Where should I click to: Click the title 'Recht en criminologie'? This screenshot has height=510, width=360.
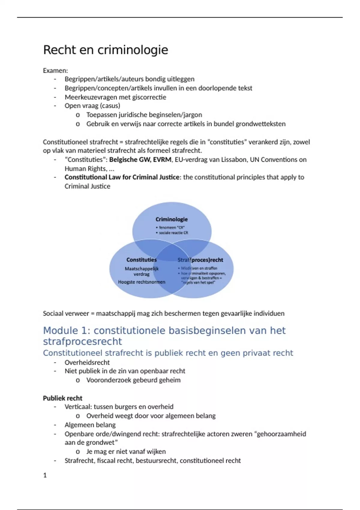pyautogui.click(x=106, y=50)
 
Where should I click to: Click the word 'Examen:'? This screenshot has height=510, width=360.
pyautogui.click(x=55, y=70)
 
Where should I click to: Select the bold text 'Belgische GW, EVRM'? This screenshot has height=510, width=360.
pyautogui.click(x=140, y=160)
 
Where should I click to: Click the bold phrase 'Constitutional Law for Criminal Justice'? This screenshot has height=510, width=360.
pyautogui.click(x=122, y=177)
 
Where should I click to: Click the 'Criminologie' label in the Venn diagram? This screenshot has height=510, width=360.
pyautogui.click(x=172, y=219)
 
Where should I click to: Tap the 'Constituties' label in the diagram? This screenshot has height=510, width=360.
pyautogui.click(x=142, y=260)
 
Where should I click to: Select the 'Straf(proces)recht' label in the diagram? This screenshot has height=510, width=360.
pyautogui.click(x=200, y=260)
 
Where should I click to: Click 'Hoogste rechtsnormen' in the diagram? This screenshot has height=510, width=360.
pyautogui.click(x=142, y=282)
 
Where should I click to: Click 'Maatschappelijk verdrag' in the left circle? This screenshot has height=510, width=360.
pyautogui.click(x=142, y=271)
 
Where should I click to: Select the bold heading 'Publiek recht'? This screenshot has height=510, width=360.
pyautogui.click(x=62, y=398)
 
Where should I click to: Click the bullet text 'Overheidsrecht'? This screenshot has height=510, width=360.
pyautogui.click(x=87, y=362)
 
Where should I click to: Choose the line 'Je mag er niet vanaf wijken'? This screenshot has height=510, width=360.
pyautogui.click(x=126, y=451)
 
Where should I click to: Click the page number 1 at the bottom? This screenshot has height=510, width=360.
pyautogui.click(x=45, y=475)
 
